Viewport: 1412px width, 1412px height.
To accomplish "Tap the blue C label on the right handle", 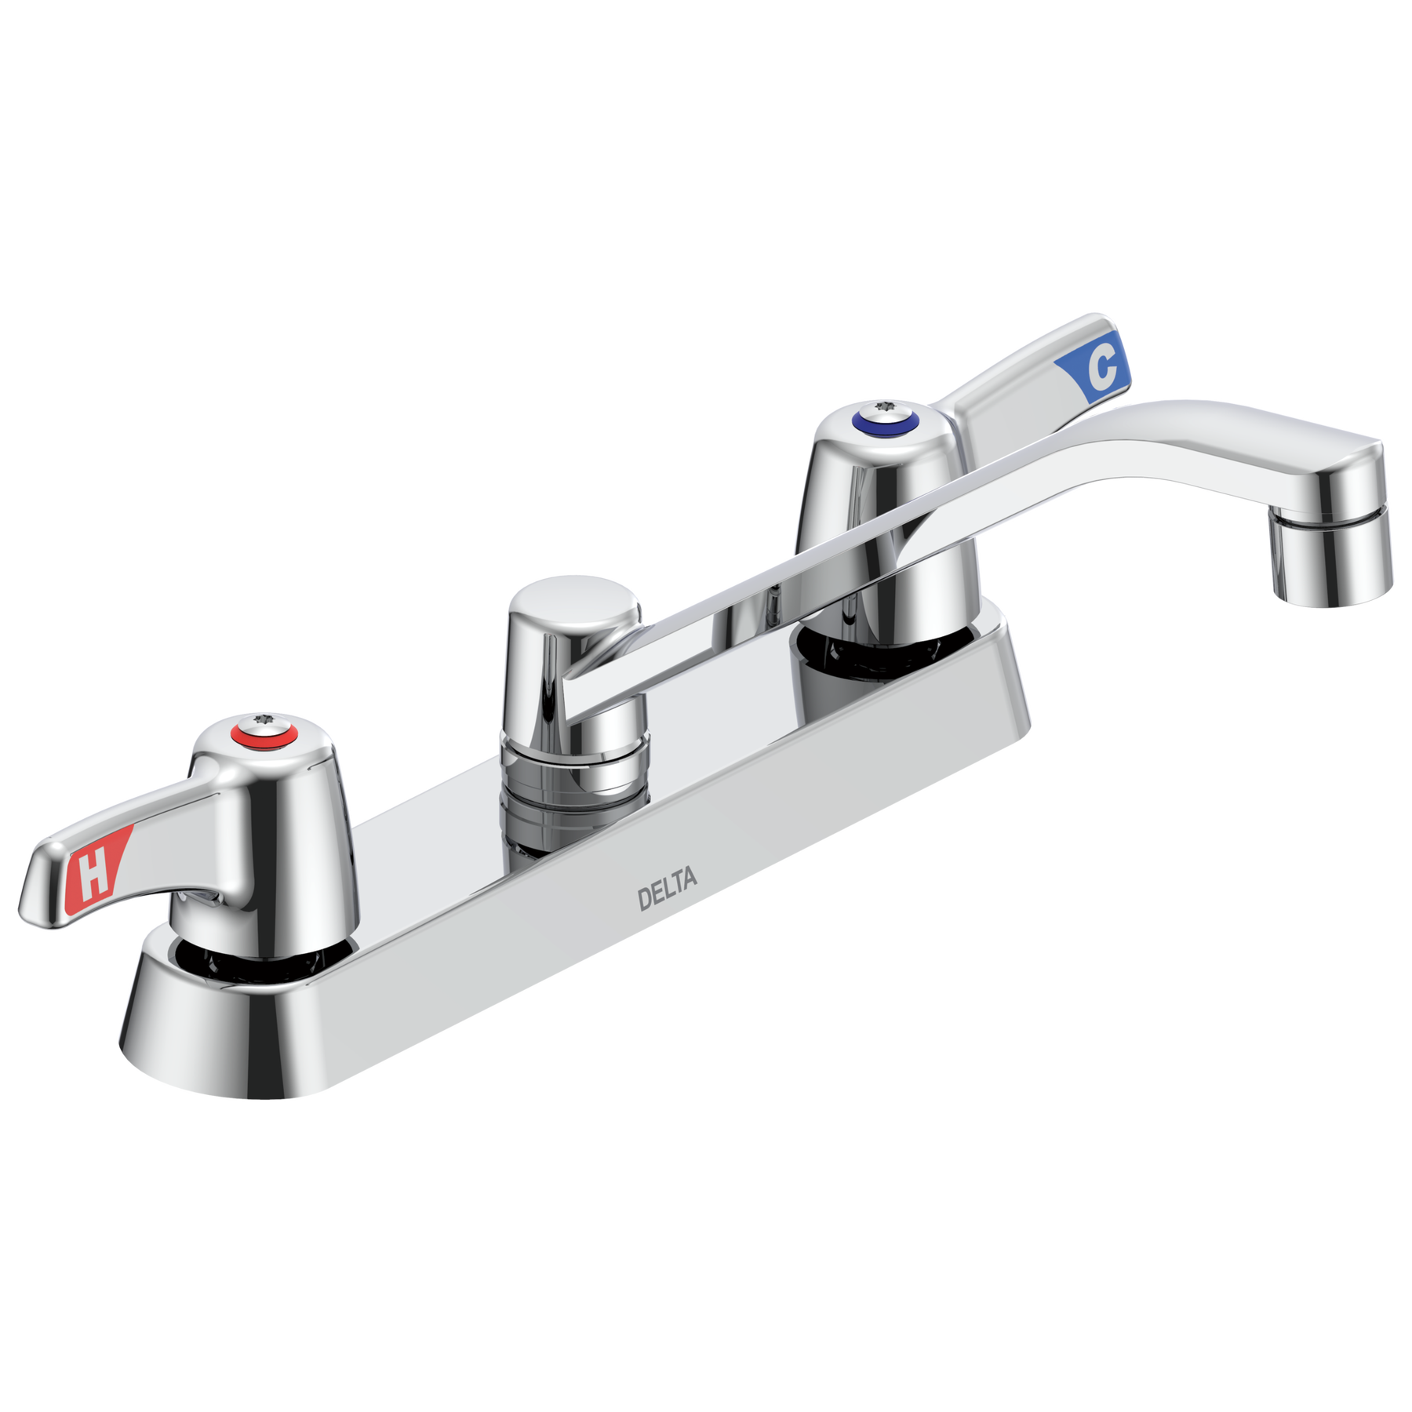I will (1095, 366).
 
